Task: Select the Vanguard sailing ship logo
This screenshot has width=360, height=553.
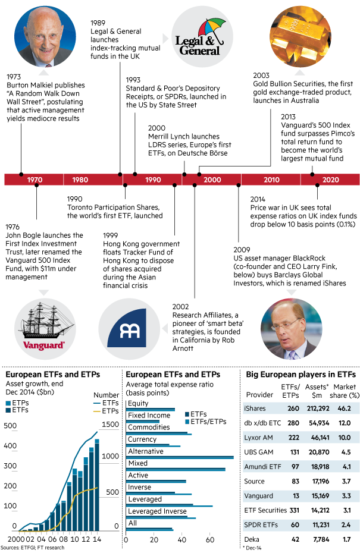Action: coord(45,329)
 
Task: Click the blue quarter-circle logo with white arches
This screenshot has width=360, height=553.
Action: coord(129,329)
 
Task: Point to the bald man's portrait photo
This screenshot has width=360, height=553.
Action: coord(45,36)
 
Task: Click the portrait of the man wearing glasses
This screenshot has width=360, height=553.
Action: coord(291,329)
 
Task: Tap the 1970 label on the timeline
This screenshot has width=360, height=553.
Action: coord(35,180)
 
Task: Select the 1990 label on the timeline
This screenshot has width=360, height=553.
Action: coord(153,180)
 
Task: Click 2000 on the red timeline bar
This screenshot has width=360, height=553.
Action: coord(212,180)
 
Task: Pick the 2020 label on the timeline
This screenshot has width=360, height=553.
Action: coord(331,180)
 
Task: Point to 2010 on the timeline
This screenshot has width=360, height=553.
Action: coord(271,180)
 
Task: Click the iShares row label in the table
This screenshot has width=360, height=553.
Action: coord(255,409)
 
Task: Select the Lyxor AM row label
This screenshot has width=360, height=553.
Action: coord(258,436)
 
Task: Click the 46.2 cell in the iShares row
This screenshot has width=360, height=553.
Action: coord(345,409)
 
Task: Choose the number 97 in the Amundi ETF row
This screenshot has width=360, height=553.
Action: coord(295,467)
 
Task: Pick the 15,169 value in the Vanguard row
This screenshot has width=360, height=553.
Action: coord(317,496)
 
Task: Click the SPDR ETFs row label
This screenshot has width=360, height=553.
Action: coord(261,525)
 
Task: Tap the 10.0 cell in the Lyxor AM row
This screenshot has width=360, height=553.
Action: coord(345,436)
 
